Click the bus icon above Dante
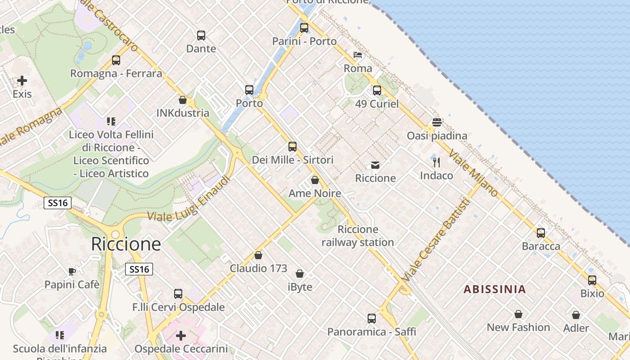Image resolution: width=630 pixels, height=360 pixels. click(201, 35)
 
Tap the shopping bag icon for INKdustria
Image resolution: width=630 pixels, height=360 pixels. click(183, 100)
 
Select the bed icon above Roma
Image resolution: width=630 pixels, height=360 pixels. click(358, 55)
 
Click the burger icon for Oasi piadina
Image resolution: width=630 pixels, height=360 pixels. click(436, 122)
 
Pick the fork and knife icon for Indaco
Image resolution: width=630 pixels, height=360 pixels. click(436, 162)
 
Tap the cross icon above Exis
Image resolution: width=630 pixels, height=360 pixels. click(22, 81)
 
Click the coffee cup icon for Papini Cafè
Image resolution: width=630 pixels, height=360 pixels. click(72, 271)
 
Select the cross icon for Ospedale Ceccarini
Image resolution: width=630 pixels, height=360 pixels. click(181, 336)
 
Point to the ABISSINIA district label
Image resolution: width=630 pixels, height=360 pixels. click(495, 289)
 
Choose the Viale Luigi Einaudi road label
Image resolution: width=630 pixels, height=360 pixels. click(189, 199)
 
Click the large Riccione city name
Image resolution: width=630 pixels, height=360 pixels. click(126, 244)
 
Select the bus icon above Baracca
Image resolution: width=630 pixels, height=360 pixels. click(541, 233)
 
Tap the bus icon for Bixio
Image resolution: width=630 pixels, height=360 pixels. click(592, 280)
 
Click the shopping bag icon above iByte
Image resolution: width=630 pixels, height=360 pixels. click(300, 274)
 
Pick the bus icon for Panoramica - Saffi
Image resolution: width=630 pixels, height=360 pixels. click(372, 319)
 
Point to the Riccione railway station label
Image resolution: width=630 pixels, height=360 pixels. click(358, 236)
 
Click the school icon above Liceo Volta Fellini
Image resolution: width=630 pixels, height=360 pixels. click(111, 121)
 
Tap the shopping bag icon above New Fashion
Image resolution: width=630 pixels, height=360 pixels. click(518, 314)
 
